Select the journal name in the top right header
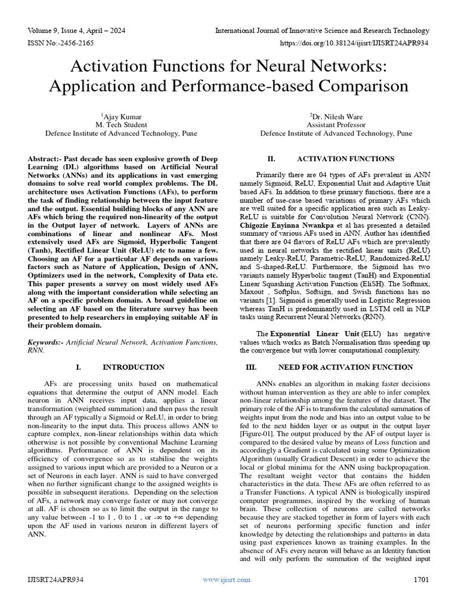pyautogui.click(x=322, y=31)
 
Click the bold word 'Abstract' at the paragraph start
pyautogui.click(x=44, y=159)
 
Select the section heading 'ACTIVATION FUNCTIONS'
pyautogui.click(x=345, y=159)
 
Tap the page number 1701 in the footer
pyautogui.click(x=420, y=596)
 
